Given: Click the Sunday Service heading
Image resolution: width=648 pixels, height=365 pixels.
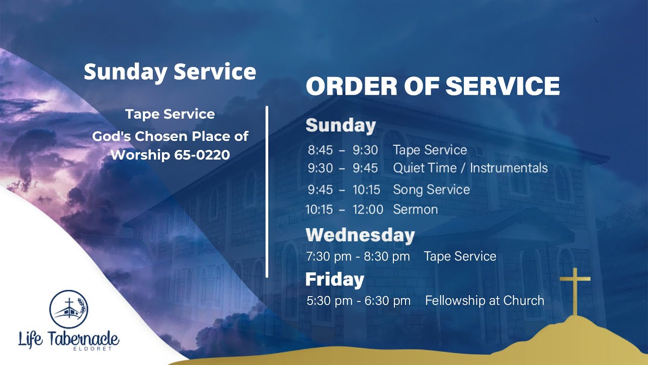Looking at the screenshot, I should (x=170, y=71).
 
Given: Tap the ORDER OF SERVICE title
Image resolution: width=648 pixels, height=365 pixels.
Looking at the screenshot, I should (x=433, y=86).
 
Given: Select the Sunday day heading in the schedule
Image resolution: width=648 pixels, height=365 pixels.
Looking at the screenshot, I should (x=341, y=126).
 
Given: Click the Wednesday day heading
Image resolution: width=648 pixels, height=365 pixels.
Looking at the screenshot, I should (x=360, y=235).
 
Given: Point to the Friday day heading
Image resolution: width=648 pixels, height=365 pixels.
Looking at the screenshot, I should (x=335, y=279).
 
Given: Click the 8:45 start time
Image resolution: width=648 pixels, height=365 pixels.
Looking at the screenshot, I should (x=320, y=150).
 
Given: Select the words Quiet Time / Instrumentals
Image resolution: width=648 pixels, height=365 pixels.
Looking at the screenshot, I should (x=470, y=168).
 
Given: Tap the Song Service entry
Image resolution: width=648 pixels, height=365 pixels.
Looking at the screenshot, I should (x=431, y=190).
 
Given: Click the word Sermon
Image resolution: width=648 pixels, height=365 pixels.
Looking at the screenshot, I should (x=415, y=209).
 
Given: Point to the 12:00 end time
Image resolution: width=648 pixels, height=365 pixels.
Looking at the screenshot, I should (x=368, y=209).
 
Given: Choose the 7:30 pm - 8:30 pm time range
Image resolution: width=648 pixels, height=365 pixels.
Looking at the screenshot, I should (x=358, y=257).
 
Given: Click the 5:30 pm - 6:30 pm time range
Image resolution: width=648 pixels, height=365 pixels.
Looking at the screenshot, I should (x=358, y=301).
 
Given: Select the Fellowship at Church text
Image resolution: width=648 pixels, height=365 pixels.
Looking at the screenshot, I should (x=484, y=301).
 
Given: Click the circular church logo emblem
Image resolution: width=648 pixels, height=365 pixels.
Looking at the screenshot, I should (x=68, y=309).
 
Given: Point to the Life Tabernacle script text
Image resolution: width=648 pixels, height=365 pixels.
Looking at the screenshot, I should (x=68, y=339).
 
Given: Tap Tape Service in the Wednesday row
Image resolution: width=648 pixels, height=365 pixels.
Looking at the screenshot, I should (x=460, y=257).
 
